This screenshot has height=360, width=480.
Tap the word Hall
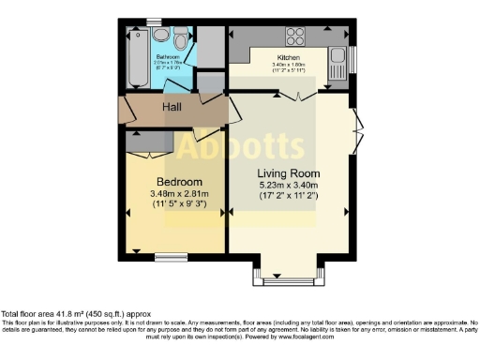pos(172,108)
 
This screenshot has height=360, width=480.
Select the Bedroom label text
pos(179,181)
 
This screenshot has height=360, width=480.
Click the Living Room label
pos(289,173)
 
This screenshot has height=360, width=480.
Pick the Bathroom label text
pos(168,56)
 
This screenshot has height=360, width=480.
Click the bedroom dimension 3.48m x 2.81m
pos(179,193)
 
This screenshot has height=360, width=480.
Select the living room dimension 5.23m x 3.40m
pos(289,186)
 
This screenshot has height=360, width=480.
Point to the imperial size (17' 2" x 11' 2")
pos(289,197)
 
